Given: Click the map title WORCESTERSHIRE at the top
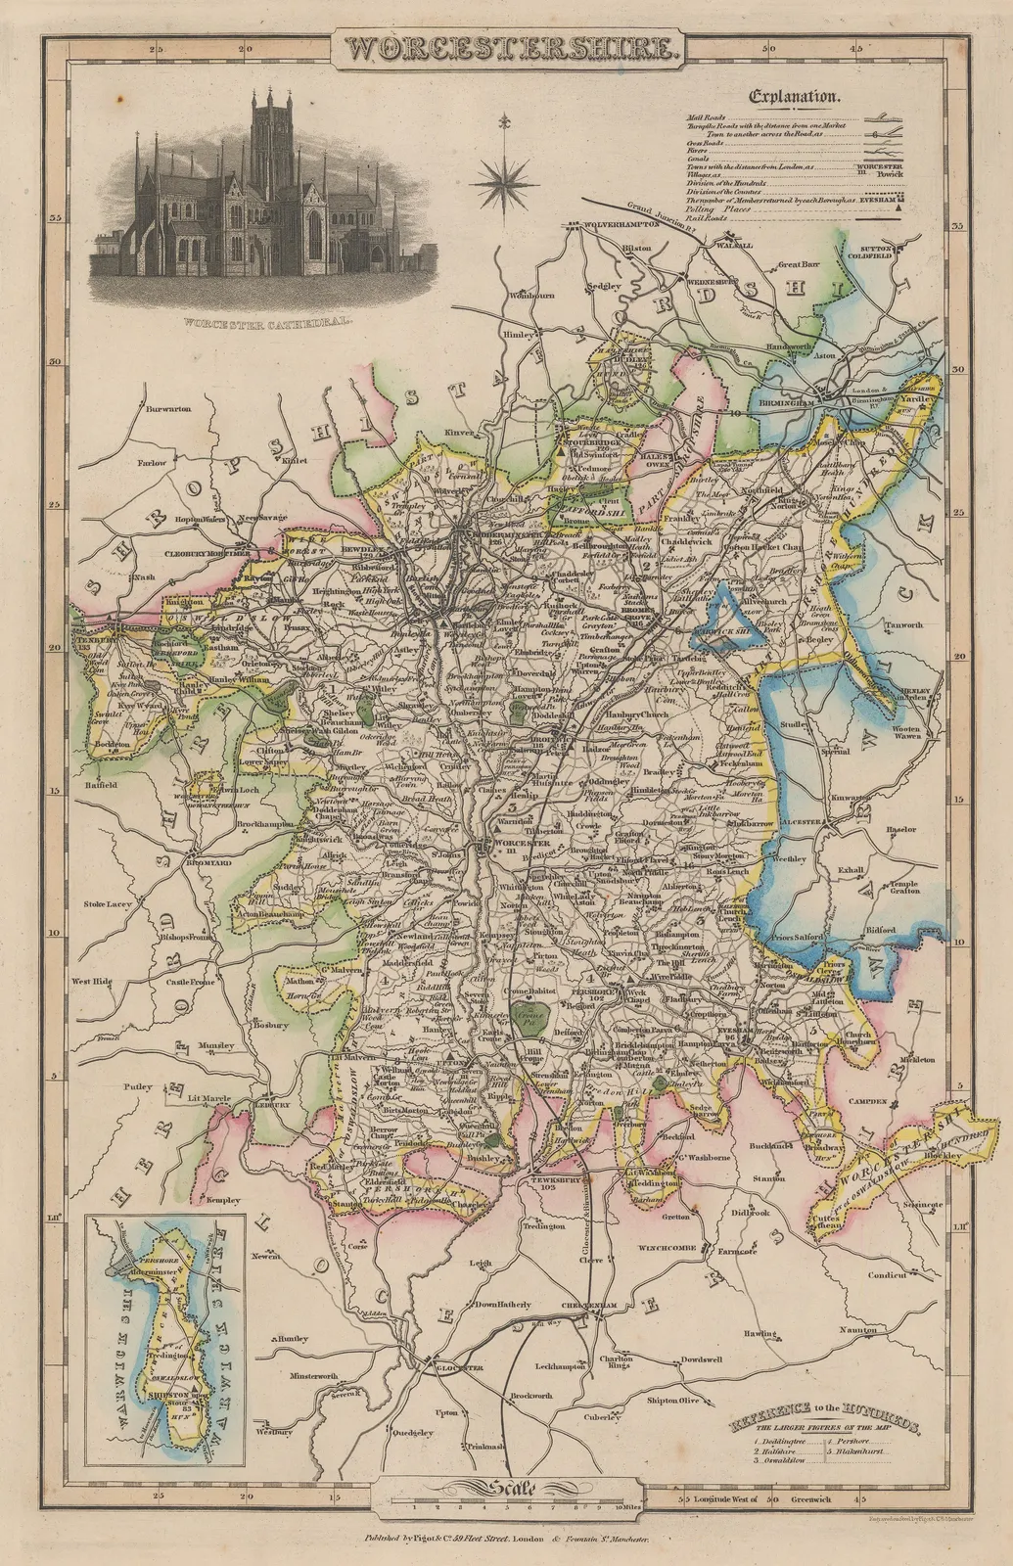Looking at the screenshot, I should (x=507, y=49).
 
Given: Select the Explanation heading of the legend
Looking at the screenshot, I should (x=794, y=97).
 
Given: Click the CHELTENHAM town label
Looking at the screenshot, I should (x=592, y=1306).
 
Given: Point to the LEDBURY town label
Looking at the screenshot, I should (x=275, y=1104).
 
